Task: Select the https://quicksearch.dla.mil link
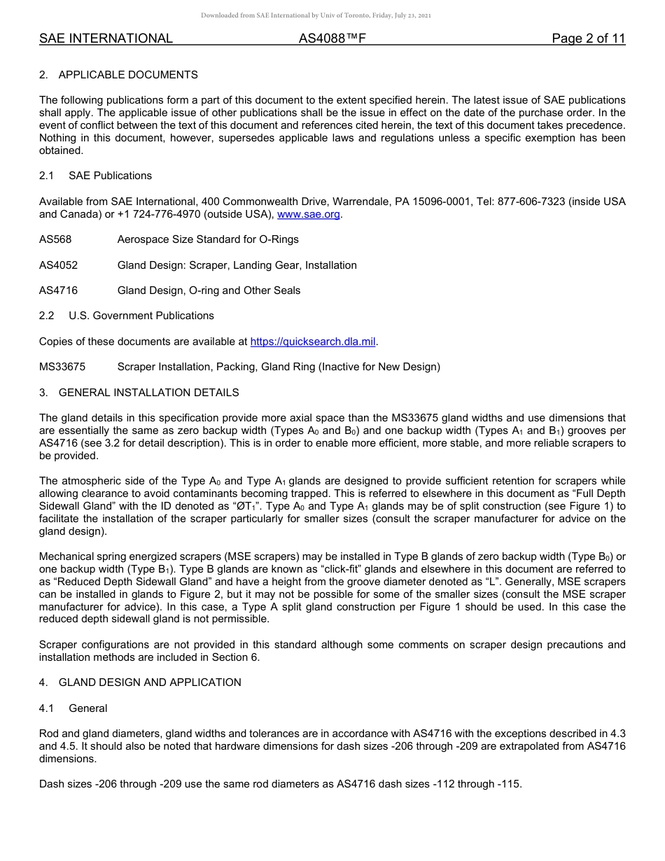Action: [313, 342]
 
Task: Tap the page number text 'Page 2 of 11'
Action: [588, 38]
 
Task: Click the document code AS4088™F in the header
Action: [332, 38]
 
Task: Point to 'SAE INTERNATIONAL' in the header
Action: [106, 38]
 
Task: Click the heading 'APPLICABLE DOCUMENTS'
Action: [128, 75]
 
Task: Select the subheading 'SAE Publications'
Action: [110, 176]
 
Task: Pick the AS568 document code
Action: [55, 239]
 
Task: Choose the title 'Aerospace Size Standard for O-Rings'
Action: [208, 239]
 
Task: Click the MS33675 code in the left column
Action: [62, 367]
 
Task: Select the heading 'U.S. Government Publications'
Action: [141, 316]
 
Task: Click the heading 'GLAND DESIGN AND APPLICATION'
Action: [150, 682]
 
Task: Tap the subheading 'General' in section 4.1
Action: [87, 708]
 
